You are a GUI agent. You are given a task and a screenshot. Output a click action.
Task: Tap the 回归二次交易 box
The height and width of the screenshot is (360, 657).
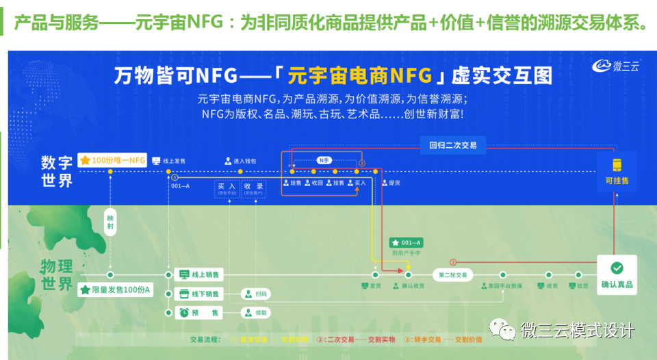point(452,145)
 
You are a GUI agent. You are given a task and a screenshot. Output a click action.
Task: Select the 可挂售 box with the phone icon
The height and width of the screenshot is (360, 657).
point(616,171)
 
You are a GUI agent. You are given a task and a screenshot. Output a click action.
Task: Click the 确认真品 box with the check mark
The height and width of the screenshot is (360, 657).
point(616,274)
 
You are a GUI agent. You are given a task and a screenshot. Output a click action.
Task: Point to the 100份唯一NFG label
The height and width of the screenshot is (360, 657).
point(113,160)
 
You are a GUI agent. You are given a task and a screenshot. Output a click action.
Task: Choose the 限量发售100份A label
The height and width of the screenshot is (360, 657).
point(116,290)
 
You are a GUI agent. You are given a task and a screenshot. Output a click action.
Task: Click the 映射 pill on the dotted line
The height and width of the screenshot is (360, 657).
point(110,222)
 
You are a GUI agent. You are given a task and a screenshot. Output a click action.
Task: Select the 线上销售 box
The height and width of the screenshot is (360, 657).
point(198,274)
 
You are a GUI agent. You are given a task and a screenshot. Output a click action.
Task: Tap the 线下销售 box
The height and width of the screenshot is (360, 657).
point(198,294)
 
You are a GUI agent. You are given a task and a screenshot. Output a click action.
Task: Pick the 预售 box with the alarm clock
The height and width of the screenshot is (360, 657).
point(198,313)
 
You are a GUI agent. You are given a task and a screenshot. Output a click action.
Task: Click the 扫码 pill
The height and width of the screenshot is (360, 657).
point(255,294)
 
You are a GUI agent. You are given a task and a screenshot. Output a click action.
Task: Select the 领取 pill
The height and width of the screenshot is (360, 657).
point(255,313)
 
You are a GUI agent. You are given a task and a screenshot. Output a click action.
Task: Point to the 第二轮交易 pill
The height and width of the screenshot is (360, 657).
point(452,274)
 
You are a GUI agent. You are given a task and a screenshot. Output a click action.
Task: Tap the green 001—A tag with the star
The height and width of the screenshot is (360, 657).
point(407,242)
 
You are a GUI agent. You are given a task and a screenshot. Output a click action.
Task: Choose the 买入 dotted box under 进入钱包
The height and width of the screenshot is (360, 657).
point(227,188)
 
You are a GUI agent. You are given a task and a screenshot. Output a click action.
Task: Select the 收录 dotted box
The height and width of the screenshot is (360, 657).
point(253,188)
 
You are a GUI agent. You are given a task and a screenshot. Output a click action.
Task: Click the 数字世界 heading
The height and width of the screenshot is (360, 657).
point(57,171)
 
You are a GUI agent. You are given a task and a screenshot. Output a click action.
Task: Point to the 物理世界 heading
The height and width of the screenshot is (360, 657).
point(57,274)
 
